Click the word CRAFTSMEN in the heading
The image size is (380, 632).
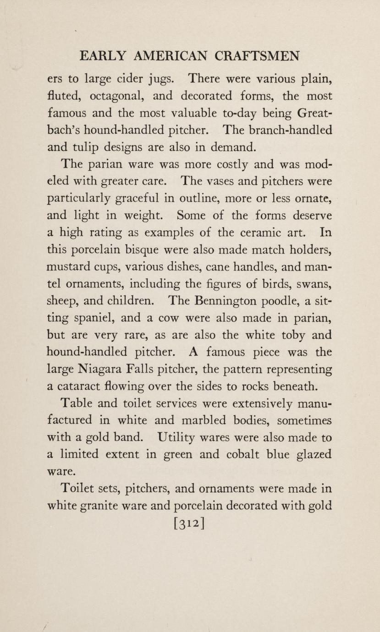click(258, 56)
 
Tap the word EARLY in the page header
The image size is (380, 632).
click(102, 56)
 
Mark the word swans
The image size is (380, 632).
click(315, 284)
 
